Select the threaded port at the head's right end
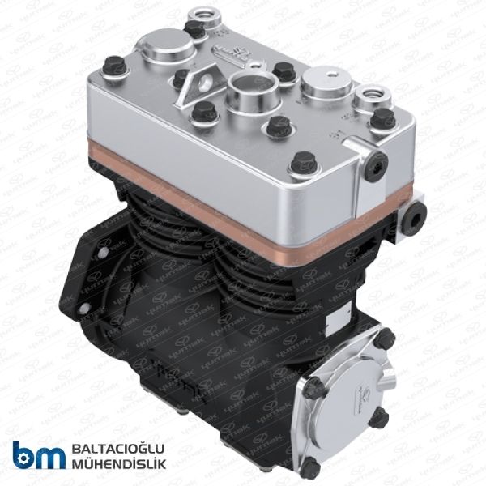(x=375, y=96)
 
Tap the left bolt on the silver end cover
(x=312, y=387)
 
